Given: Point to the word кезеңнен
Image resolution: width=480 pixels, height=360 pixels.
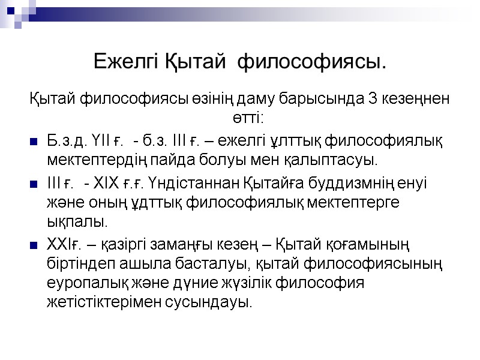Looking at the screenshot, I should [410, 100].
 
